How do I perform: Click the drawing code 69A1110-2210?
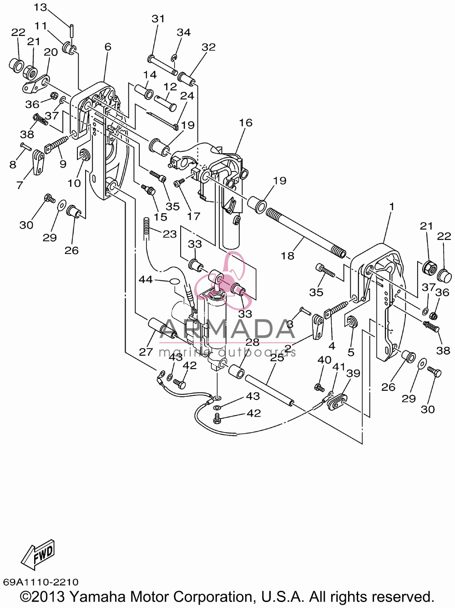pos(41,582)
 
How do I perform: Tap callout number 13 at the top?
pos(40,7)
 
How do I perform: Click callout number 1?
pos(391,206)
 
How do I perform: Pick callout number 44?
pos(146,279)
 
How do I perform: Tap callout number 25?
pos(277,357)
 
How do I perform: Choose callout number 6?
pos(108,47)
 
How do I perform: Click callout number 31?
pos(158,19)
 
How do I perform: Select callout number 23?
pos(170,234)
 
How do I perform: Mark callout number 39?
pos(353,374)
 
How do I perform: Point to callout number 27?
pos(146,352)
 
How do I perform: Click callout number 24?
pos(187,96)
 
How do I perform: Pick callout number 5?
pos(351,352)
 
